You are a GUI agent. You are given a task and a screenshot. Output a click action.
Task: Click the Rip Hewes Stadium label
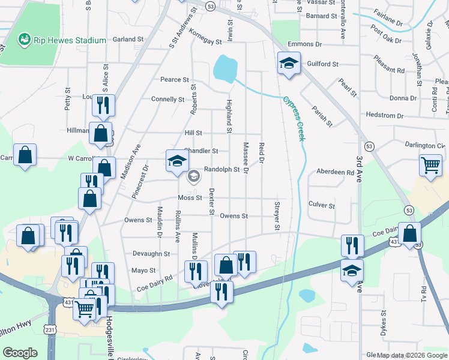point(70,40)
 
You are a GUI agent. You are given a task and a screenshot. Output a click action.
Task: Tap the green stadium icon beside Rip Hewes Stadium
point(25,40)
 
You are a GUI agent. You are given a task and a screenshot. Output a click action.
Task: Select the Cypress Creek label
point(294,118)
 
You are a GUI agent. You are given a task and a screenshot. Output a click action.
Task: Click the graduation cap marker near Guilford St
point(289,64)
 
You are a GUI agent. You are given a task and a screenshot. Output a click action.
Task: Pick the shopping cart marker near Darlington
point(431,165)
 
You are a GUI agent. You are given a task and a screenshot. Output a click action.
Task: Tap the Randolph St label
point(222,169)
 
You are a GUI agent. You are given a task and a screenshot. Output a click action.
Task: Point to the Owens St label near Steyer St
point(234,216)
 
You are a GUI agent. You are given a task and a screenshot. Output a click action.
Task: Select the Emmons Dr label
point(304,44)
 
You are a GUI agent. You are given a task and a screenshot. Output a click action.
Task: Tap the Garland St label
point(128,40)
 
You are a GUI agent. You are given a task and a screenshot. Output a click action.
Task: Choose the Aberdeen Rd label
point(335,172)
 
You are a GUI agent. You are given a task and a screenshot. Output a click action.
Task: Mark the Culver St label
point(321,205)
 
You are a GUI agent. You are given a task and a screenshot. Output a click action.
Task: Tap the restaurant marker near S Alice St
point(103,106)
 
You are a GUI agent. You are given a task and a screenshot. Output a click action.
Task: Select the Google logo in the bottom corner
point(20,353)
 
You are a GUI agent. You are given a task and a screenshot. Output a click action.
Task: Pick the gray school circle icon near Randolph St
point(194,176)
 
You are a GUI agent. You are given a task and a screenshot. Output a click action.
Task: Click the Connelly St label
point(167,99)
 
